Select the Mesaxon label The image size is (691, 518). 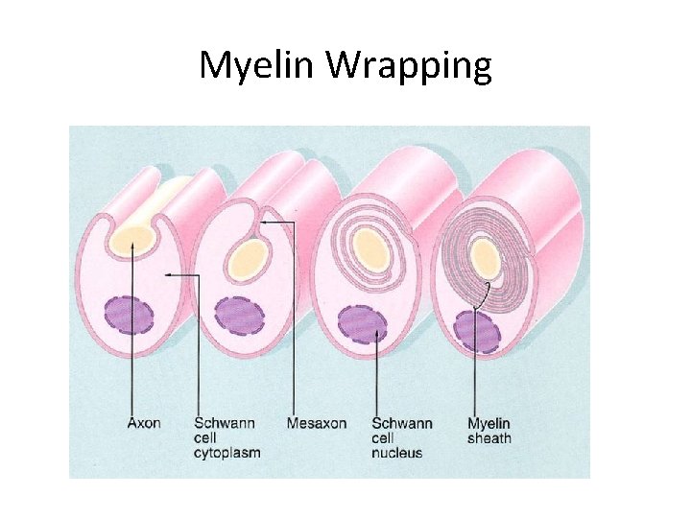point(317,423)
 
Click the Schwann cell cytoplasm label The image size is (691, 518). point(227,437)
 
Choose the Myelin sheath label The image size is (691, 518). point(489,431)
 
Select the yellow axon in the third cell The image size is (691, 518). point(369,249)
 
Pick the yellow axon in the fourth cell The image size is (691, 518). point(485,256)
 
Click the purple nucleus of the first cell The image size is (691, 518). point(130,316)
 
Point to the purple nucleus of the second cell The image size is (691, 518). point(240,316)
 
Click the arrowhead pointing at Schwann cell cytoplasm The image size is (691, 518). point(169,275)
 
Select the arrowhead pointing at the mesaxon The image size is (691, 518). point(264,223)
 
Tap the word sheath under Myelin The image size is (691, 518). point(489,438)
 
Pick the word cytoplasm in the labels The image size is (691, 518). point(227,452)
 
